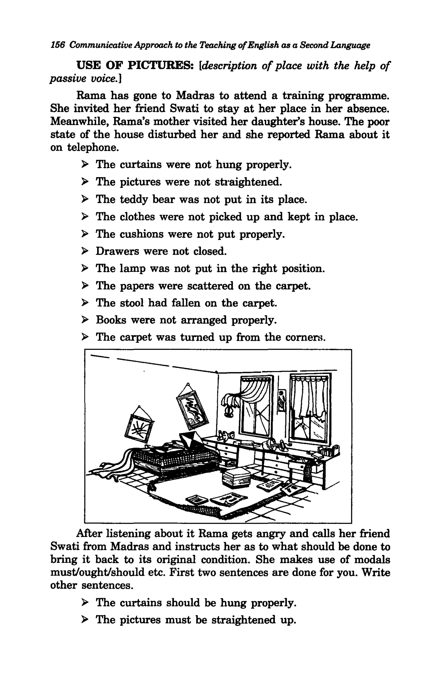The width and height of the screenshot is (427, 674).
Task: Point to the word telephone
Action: (93, 147)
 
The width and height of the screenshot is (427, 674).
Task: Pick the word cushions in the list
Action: (142, 234)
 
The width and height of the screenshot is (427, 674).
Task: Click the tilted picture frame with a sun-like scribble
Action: (139, 427)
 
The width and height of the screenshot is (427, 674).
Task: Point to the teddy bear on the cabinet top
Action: (226, 436)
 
